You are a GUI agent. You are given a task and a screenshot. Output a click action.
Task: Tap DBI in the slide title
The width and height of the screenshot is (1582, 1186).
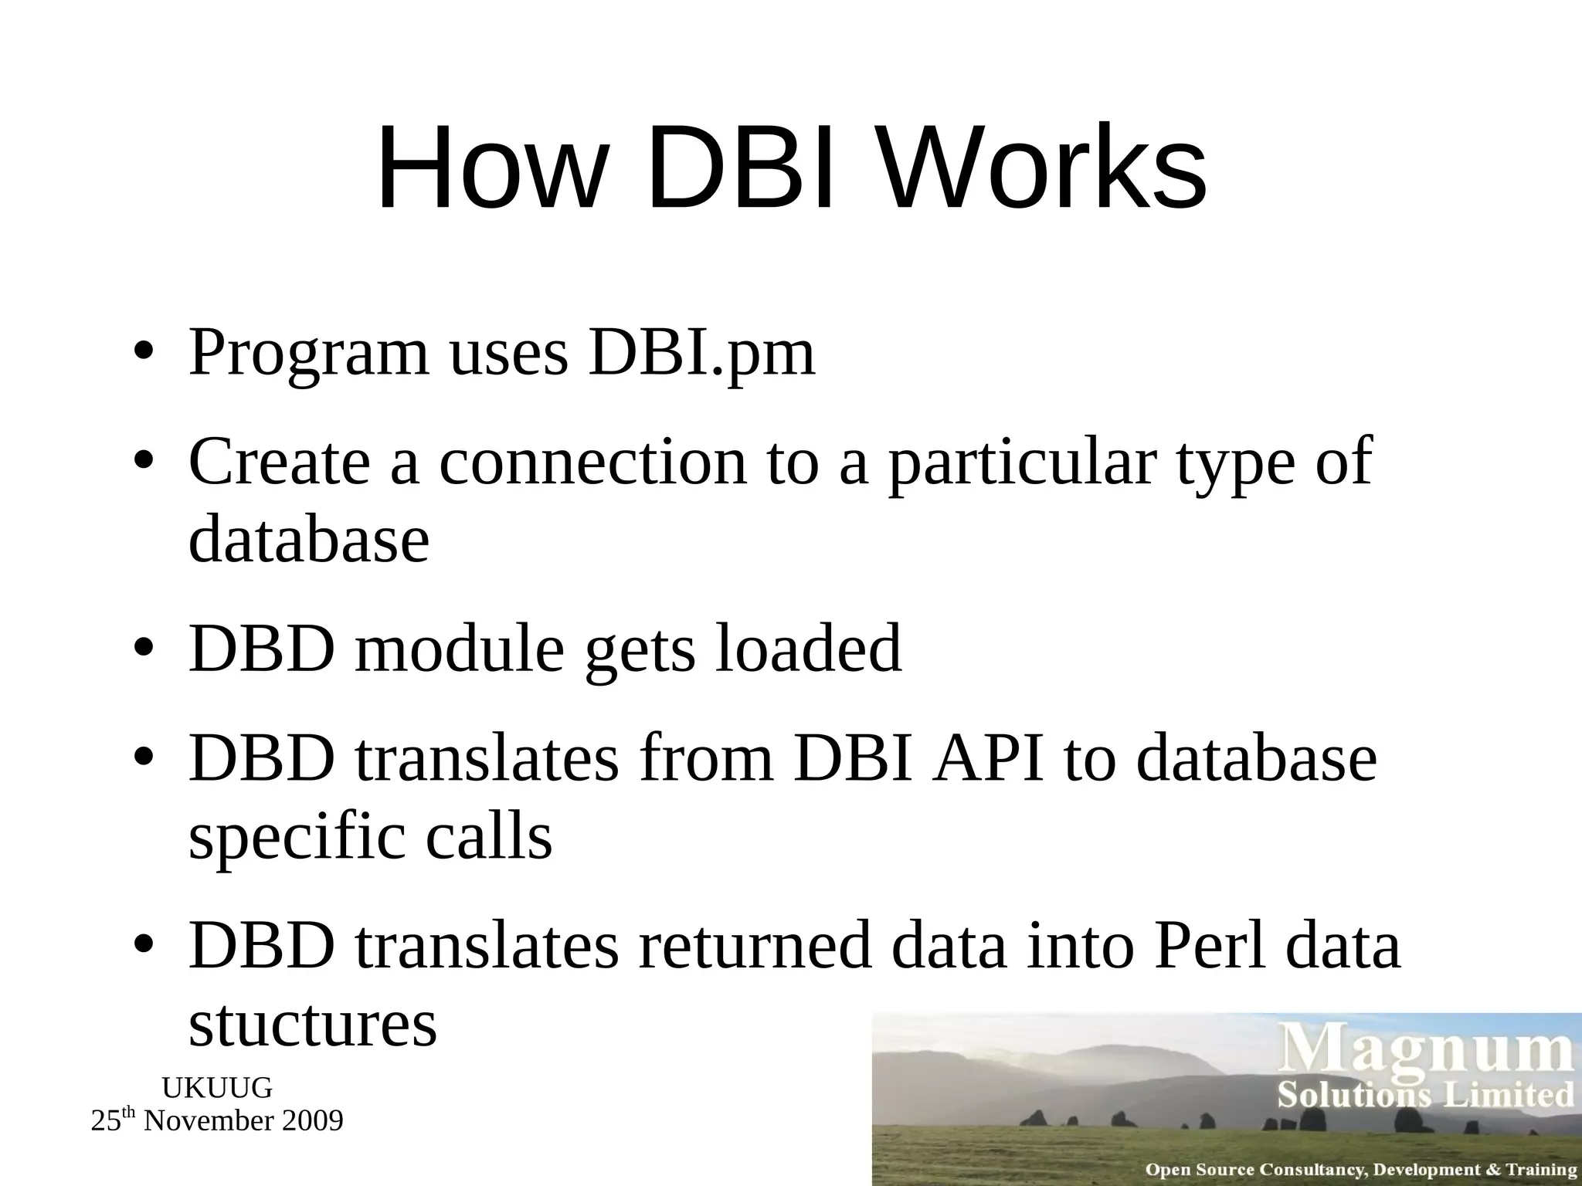[740, 170]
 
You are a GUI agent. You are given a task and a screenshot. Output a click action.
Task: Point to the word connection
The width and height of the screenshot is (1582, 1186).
[593, 463]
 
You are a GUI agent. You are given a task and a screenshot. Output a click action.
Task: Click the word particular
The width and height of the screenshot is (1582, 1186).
[1022, 463]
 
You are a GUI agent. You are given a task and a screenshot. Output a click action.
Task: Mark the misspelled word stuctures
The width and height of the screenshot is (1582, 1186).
[313, 1025]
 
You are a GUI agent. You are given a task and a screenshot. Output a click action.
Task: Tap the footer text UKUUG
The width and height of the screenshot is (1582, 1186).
[217, 1089]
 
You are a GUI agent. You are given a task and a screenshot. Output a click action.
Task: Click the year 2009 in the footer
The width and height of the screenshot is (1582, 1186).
[313, 1121]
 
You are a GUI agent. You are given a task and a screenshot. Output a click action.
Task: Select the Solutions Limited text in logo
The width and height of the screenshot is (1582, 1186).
[1425, 1096]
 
